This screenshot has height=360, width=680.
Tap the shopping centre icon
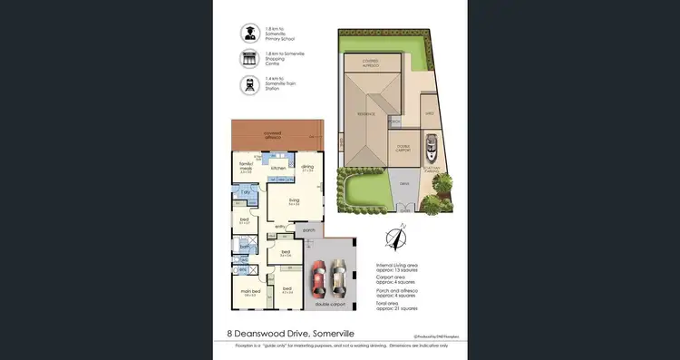tap(248, 58)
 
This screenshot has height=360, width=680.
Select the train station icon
tap(248, 84)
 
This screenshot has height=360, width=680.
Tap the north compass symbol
tap(396, 238)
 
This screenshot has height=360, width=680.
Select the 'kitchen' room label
tap(278, 169)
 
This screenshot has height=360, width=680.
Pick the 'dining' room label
tap(308, 167)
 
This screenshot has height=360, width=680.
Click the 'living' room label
tap(294, 200)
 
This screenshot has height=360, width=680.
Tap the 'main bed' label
tap(251, 291)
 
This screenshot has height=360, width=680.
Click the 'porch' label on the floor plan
tap(310, 230)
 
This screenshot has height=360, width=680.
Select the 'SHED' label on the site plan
tap(430, 113)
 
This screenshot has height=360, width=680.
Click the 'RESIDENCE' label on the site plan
tap(365, 114)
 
